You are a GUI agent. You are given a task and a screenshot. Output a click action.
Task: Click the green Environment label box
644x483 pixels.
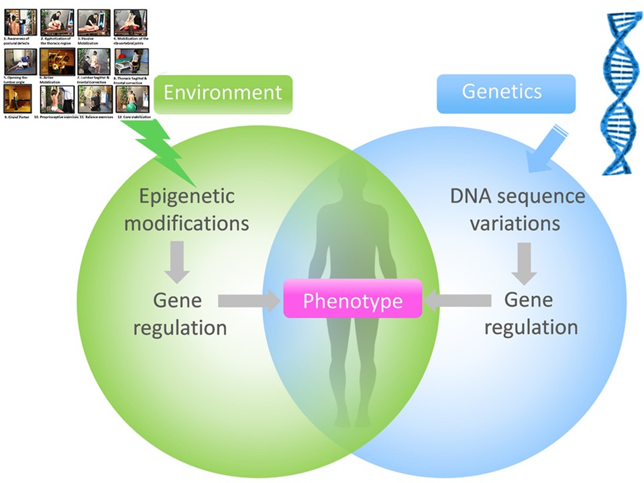tap(223, 92)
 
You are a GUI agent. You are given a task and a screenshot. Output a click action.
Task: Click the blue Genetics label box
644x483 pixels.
tap(502, 91)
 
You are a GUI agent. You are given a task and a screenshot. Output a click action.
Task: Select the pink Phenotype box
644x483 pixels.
tap(352, 301)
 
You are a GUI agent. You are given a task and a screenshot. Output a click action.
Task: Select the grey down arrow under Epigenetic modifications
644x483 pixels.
tap(177, 262)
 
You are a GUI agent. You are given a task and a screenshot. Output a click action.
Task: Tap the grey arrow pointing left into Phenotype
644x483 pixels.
tap(457, 301)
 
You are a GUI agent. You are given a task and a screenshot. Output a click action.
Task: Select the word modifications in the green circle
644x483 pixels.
tap(186, 223)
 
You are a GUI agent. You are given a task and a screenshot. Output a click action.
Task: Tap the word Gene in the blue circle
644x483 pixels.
tap(528, 300)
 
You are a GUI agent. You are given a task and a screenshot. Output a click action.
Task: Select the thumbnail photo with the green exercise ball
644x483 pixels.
tap(131, 99)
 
